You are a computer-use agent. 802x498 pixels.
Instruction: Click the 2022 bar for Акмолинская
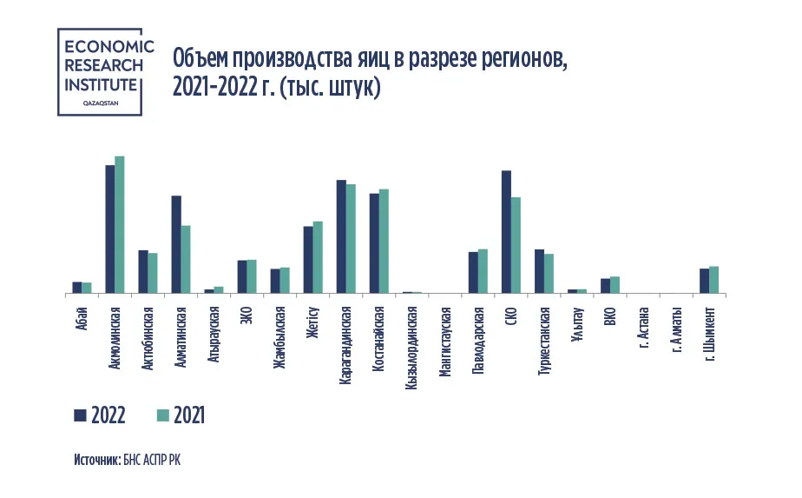[x=110, y=229]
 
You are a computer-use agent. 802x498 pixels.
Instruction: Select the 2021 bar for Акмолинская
[x=120, y=225]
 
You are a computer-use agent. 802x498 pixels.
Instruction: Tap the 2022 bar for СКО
[x=506, y=232]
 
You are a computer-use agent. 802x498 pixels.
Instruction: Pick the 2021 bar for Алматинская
[x=186, y=260]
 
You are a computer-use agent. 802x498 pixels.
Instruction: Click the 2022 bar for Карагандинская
[x=341, y=237]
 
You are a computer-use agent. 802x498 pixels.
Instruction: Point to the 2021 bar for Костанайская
[x=384, y=242]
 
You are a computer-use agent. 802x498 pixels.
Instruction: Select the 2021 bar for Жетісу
[x=318, y=257]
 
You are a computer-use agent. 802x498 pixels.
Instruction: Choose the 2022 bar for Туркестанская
[x=539, y=272]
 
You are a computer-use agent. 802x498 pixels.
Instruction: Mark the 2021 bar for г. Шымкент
[x=714, y=280]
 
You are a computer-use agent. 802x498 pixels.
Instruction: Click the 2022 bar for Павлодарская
[x=473, y=273]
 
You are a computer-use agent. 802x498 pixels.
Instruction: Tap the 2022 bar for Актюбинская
[x=143, y=272]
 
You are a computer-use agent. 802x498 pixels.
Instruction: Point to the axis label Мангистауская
[x=444, y=339]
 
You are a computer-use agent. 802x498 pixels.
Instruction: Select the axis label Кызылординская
[x=411, y=342]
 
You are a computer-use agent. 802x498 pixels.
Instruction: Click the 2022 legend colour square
[x=80, y=415]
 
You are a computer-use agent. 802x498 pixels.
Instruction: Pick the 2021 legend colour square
[x=162, y=415]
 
